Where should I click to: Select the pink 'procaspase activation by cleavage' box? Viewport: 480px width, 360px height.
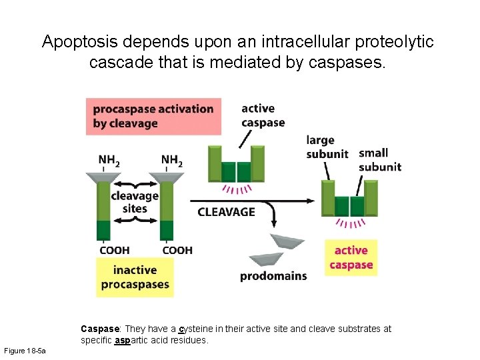pyautogui.click(x=153, y=116)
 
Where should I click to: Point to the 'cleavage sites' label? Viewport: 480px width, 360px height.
pyautogui.click(x=135, y=202)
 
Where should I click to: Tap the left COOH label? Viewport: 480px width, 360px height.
pyautogui.click(x=114, y=250)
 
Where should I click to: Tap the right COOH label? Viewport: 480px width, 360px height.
pyautogui.click(x=177, y=250)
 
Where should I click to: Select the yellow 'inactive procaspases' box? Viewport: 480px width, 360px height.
pyautogui.click(x=135, y=277)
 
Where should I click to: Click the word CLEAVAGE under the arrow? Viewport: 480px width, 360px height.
pyautogui.click(x=226, y=212)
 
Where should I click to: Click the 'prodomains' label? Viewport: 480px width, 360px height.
pyautogui.click(x=273, y=276)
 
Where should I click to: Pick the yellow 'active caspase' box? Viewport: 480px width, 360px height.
pyautogui.click(x=351, y=257)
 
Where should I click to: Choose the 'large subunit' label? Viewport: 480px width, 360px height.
pyautogui.click(x=327, y=147)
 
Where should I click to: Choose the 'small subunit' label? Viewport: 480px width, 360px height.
pyautogui.click(x=380, y=160)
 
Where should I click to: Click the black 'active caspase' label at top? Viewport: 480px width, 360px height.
pyautogui.click(x=263, y=115)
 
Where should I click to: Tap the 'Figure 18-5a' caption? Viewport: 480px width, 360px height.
pyautogui.click(x=25, y=351)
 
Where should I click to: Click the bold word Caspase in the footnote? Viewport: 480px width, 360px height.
pyautogui.click(x=100, y=329)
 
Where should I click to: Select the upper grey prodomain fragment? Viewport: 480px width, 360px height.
pyautogui.click(x=287, y=241)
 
